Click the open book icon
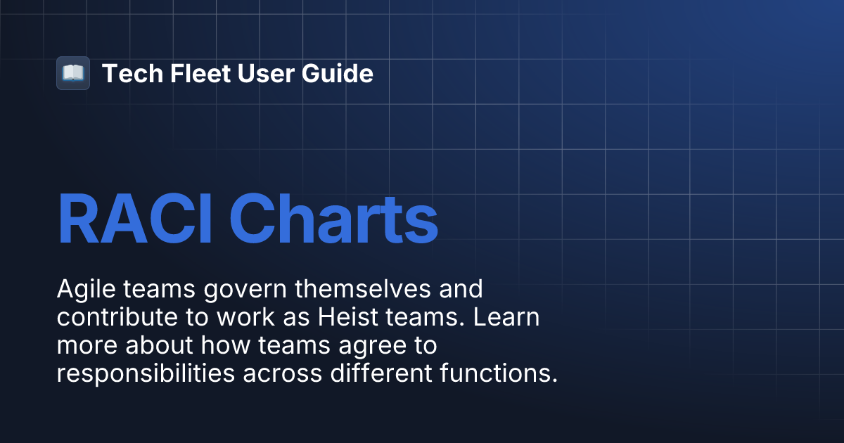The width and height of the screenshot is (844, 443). click(73, 73)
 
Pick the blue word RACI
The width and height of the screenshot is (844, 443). click(136, 221)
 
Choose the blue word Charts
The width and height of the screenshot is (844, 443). click(333, 221)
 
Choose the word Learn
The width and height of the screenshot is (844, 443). click(506, 318)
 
